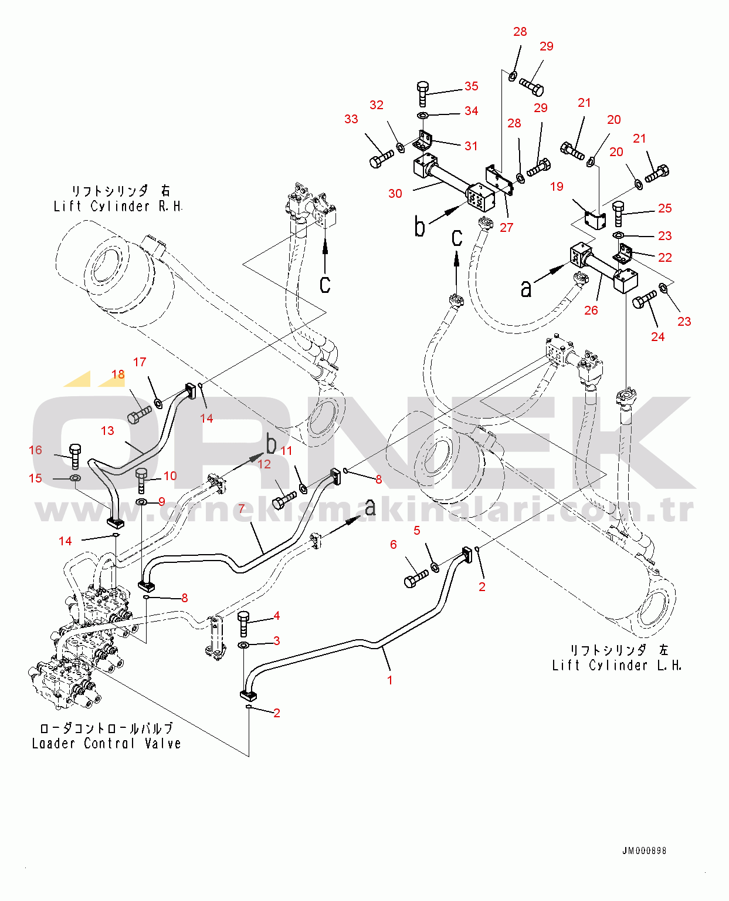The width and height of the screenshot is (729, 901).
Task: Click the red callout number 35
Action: point(471,86)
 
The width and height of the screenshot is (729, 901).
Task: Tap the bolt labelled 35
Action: point(423,94)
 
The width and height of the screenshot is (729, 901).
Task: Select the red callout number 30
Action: point(395,194)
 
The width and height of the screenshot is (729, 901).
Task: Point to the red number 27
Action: point(506,228)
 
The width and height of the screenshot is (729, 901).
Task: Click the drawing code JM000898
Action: point(644,851)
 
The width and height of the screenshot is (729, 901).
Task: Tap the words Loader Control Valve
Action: point(107,743)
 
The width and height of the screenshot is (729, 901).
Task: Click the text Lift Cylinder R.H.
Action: point(118,207)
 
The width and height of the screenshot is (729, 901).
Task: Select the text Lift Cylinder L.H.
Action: point(617,666)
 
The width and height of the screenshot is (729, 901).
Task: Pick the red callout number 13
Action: point(107,431)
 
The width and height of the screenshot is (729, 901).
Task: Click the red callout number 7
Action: point(242,508)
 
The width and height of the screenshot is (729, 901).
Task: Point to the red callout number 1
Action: point(390,680)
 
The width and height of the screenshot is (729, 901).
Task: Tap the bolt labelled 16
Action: point(75,457)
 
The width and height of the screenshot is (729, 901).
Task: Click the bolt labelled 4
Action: point(243,624)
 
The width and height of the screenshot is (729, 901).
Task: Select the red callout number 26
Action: point(591,311)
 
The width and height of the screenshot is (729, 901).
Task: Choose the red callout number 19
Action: point(557,187)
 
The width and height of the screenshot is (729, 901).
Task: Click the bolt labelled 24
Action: point(644,299)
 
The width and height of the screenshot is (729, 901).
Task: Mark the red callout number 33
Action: point(351,119)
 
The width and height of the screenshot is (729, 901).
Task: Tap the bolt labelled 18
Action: point(139,414)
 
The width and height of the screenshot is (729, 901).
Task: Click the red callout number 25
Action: point(664,208)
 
